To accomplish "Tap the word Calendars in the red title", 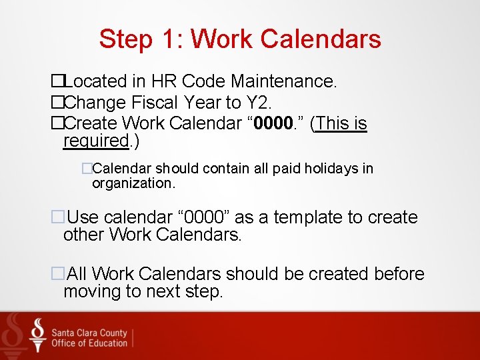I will pos(321,39).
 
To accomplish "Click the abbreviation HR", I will pos(164,81).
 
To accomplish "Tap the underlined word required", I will pos(95,141).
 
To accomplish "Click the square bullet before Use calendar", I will pos(57,217).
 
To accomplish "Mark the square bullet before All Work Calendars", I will pos(57,274).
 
